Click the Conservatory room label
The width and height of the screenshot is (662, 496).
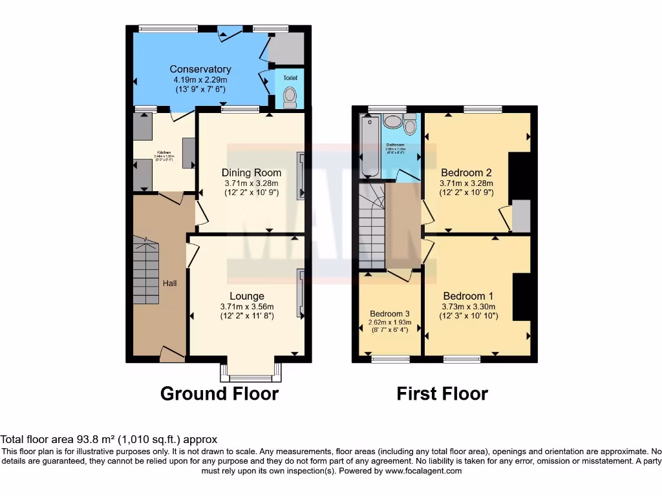(x=200, y=69)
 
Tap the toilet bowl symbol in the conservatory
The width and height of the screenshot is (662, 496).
(x=290, y=97)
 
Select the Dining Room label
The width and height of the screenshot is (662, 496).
(x=251, y=172)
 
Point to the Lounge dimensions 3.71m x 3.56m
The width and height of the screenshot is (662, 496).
(x=246, y=307)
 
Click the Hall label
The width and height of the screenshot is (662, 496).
(x=170, y=283)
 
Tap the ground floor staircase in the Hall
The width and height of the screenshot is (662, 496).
(x=146, y=271)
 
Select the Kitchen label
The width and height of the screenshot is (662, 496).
(x=163, y=153)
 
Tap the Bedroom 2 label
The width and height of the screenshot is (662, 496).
(x=466, y=172)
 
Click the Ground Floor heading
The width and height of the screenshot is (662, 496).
(x=219, y=393)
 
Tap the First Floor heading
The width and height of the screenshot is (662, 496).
(x=442, y=393)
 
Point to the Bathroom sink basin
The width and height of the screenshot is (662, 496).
(x=392, y=120)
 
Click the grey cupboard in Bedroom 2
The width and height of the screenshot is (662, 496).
(x=521, y=216)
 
